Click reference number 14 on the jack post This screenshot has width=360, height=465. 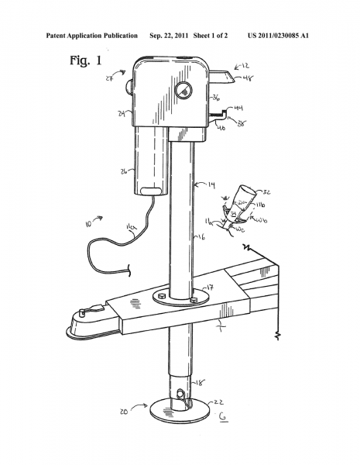tap(211, 184)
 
